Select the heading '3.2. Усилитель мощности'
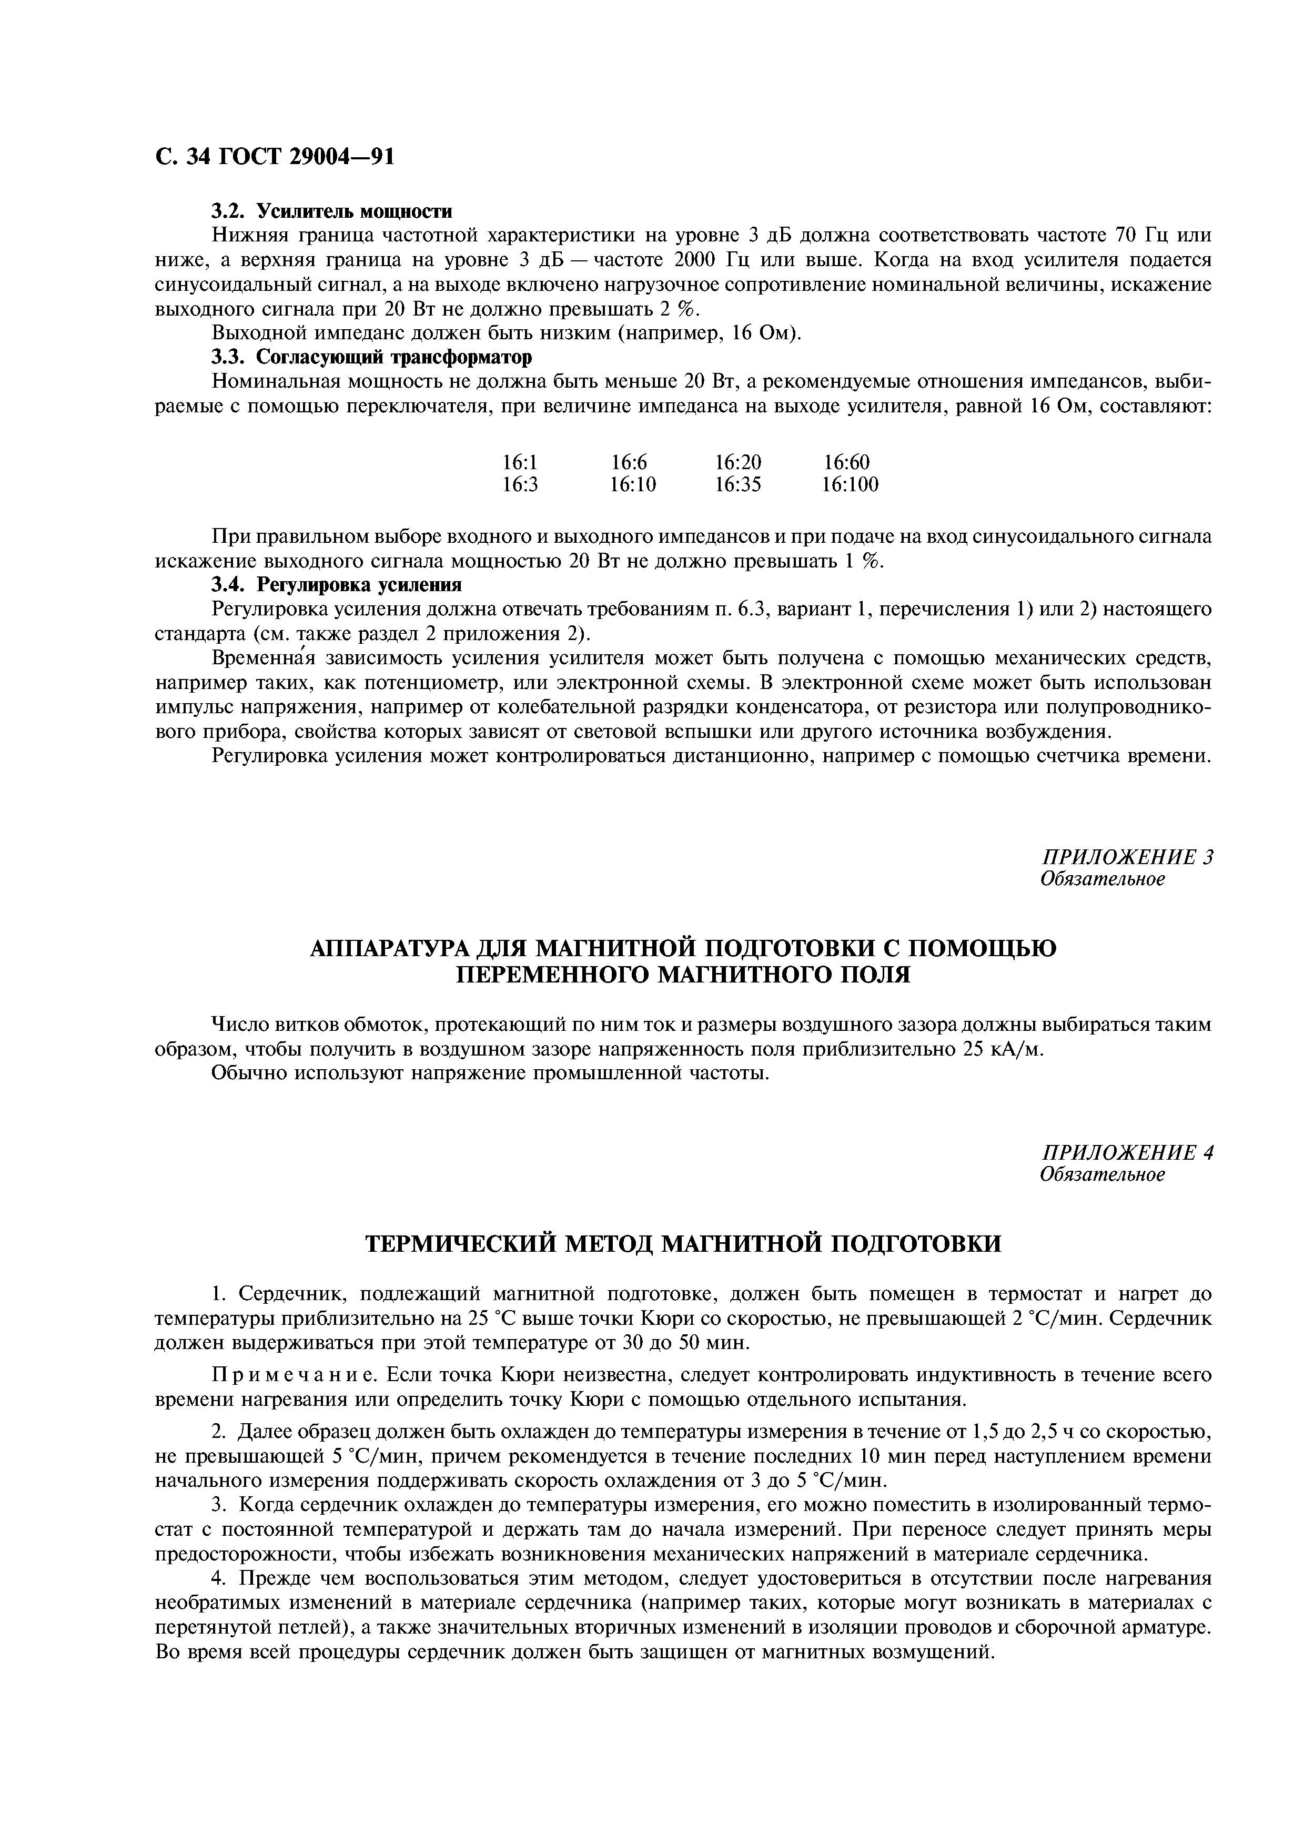click(332, 211)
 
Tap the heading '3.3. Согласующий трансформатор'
click(372, 356)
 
